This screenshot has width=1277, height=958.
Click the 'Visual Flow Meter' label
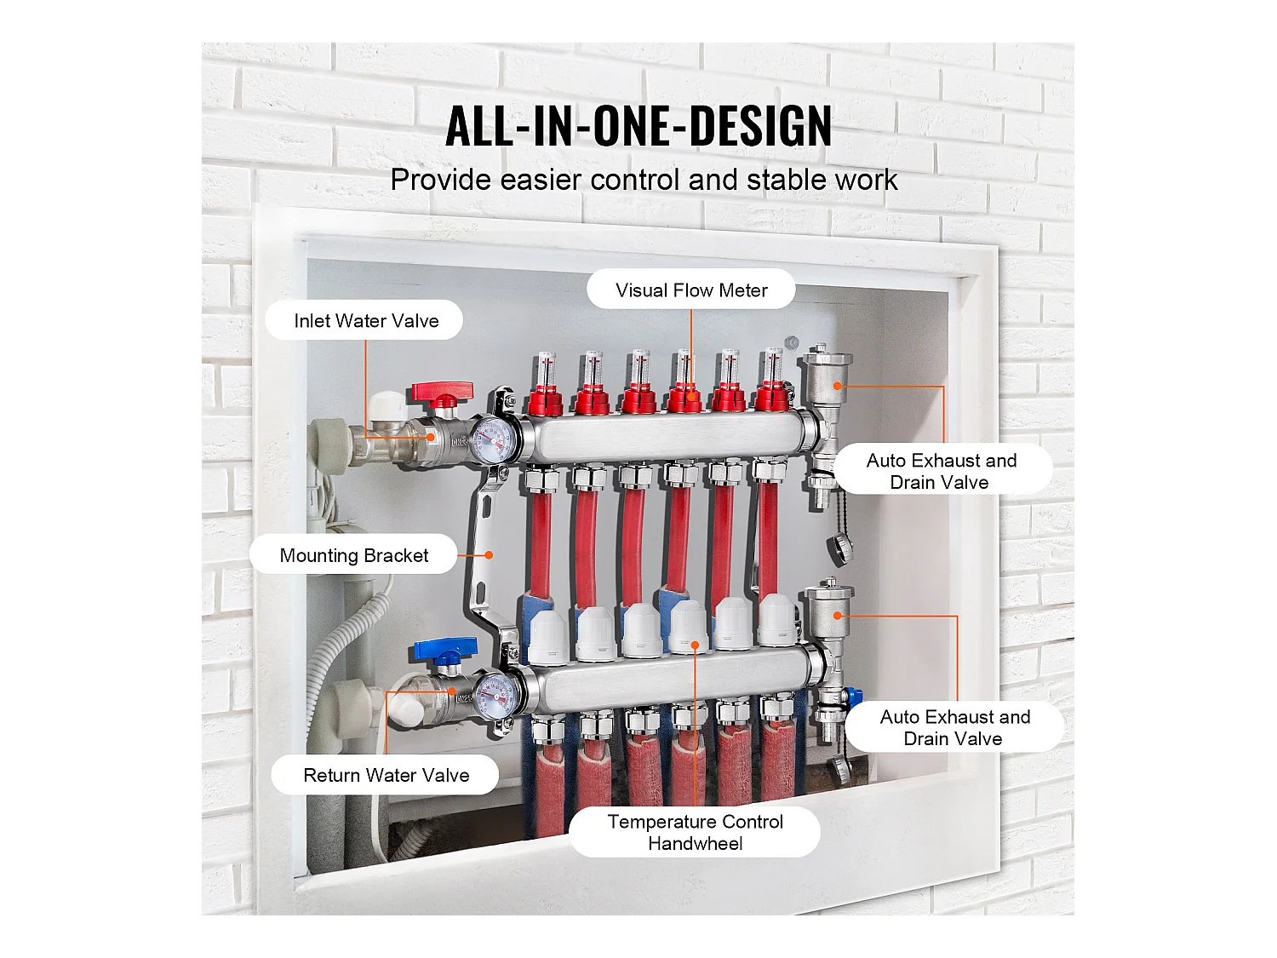[x=691, y=290]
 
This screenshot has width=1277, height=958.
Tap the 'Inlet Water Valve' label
[x=366, y=320]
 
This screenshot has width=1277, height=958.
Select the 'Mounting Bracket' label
[x=353, y=555]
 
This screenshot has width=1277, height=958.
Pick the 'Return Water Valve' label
[x=386, y=776]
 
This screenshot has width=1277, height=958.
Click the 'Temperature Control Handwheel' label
[x=696, y=832]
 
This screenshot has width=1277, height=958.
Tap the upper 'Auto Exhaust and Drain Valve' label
[x=942, y=471]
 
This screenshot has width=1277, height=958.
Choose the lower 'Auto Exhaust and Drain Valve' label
[x=954, y=728]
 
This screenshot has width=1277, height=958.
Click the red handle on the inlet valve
[x=443, y=393]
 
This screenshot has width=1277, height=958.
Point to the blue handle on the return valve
[x=446, y=651]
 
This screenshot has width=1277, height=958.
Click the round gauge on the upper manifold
[x=493, y=440]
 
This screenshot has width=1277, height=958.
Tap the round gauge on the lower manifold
[x=497, y=697]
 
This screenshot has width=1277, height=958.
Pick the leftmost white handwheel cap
[x=548, y=637]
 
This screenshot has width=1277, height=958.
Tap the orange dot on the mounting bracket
[x=490, y=555]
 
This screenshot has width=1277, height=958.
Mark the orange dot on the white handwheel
[x=695, y=645]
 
